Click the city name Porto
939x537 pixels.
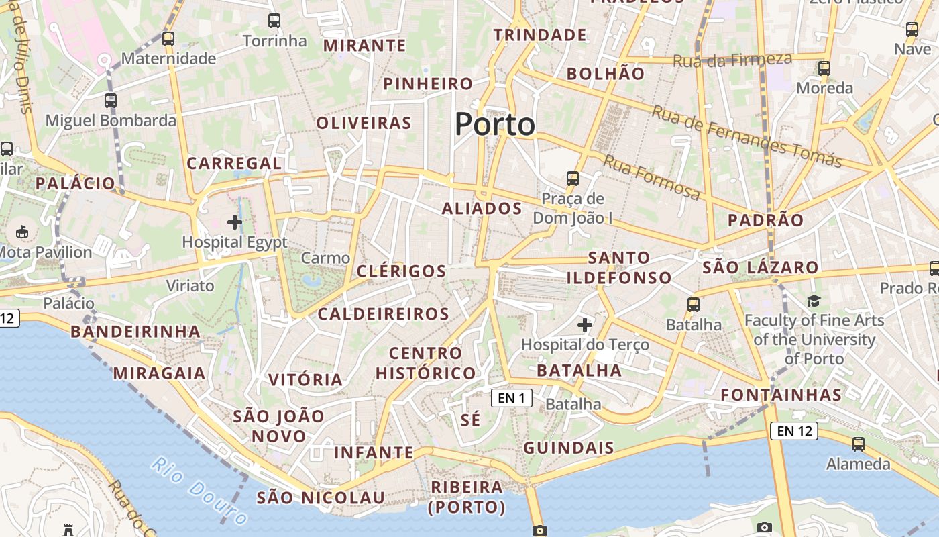pyautogui.click(x=495, y=125)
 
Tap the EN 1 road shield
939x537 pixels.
pyautogui.click(x=512, y=398)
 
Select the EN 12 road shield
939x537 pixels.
pyautogui.click(x=795, y=431)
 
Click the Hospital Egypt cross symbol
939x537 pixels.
pyautogui.click(x=235, y=222)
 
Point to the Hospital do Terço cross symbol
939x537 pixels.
pyautogui.click(x=585, y=326)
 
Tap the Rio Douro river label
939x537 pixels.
pyautogui.click(x=199, y=491)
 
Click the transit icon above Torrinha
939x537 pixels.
pyautogui.click(x=274, y=21)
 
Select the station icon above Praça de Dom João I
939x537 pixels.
pyautogui.click(x=572, y=178)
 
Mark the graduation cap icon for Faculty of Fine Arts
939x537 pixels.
pyautogui.click(x=814, y=301)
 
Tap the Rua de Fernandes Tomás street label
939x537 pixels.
pyautogui.click(x=747, y=136)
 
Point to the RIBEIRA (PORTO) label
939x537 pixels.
pyautogui.click(x=467, y=497)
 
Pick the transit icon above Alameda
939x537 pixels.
pyautogui.click(x=858, y=444)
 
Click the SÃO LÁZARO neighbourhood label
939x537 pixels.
pyautogui.click(x=760, y=268)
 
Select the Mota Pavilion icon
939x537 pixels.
pyautogui.click(x=23, y=232)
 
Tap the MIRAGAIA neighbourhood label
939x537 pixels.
pyautogui.click(x=159, y=373)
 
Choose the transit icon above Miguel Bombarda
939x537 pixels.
pyautogui.click(x=111, y=101)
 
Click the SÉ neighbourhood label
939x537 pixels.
pyautogui.click(x=471, y=420)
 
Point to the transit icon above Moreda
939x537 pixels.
pyautogui.click(x=824, y=68)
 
